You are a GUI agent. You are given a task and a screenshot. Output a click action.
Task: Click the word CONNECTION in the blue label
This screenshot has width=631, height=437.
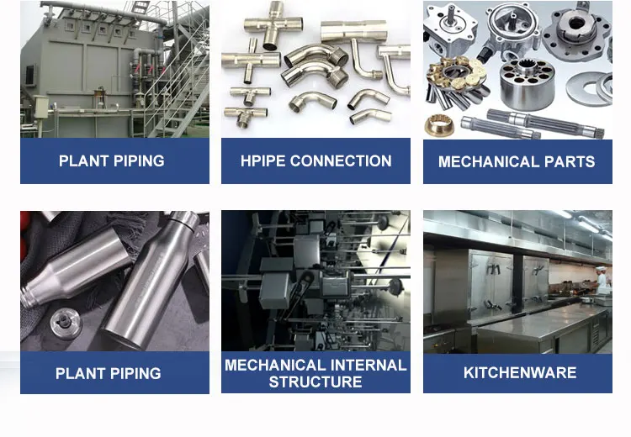pyautogui.click(x=341, y=161)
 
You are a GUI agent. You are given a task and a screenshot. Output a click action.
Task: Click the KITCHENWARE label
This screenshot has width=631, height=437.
pyautogui.click(x=520, y=372)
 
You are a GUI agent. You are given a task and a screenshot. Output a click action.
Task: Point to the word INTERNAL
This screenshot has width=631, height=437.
pyautogui.click(x=369, y=365)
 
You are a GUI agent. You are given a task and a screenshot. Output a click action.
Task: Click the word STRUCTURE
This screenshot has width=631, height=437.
pyautogui.click(x=315, y=382)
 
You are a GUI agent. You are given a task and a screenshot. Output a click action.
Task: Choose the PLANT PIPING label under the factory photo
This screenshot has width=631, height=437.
pyautogui.click(x=111, y=161)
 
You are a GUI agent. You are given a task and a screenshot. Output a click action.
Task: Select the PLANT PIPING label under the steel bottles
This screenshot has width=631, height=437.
pyautogui.click(x=109, y=373)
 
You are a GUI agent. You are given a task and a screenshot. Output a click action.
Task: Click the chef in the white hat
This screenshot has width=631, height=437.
pyautogui.click(x=602, y=279)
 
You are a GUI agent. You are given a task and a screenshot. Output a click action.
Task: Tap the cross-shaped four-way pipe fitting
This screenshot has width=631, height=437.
pyautogui.click(x=273, y=25)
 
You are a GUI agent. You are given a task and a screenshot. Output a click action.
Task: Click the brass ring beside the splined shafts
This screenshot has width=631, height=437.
pyautogui.click(x=439, y=124)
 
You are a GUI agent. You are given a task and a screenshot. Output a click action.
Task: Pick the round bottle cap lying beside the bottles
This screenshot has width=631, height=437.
pyautogui.click(x=66, y=323)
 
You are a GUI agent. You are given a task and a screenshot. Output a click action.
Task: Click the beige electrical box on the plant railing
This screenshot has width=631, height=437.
pyautogui.click(x=40, y=107)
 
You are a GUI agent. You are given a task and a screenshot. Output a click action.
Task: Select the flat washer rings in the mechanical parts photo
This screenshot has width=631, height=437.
pyautogui.click(x=590, y=87)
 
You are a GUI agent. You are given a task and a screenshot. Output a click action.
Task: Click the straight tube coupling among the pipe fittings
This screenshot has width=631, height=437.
pyautogui.click(x=354, y=30)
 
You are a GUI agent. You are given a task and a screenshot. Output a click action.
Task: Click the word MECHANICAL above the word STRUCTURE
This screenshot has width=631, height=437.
pyautogui.click(x=276, y=365)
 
